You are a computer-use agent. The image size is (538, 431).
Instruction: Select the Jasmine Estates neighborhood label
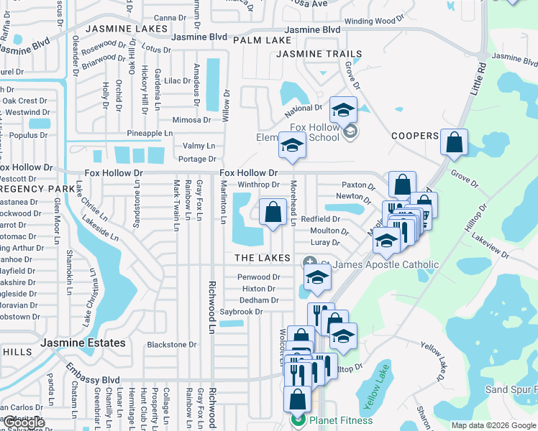83,343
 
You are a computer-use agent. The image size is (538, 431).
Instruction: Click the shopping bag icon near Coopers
455,143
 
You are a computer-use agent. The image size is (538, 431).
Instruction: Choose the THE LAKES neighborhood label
262,258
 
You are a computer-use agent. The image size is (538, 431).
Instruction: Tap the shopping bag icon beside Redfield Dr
272,212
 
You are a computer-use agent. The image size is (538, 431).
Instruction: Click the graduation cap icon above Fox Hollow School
344,109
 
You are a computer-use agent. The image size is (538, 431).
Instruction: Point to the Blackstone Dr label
171,345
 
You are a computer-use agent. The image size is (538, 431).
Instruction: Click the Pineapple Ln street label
150,134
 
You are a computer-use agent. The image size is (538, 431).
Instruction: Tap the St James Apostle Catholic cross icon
310,264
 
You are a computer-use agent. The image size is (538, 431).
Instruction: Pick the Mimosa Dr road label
191,121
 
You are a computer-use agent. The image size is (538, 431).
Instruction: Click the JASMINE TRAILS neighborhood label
309,54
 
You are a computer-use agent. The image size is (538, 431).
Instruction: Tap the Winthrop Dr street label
258,185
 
